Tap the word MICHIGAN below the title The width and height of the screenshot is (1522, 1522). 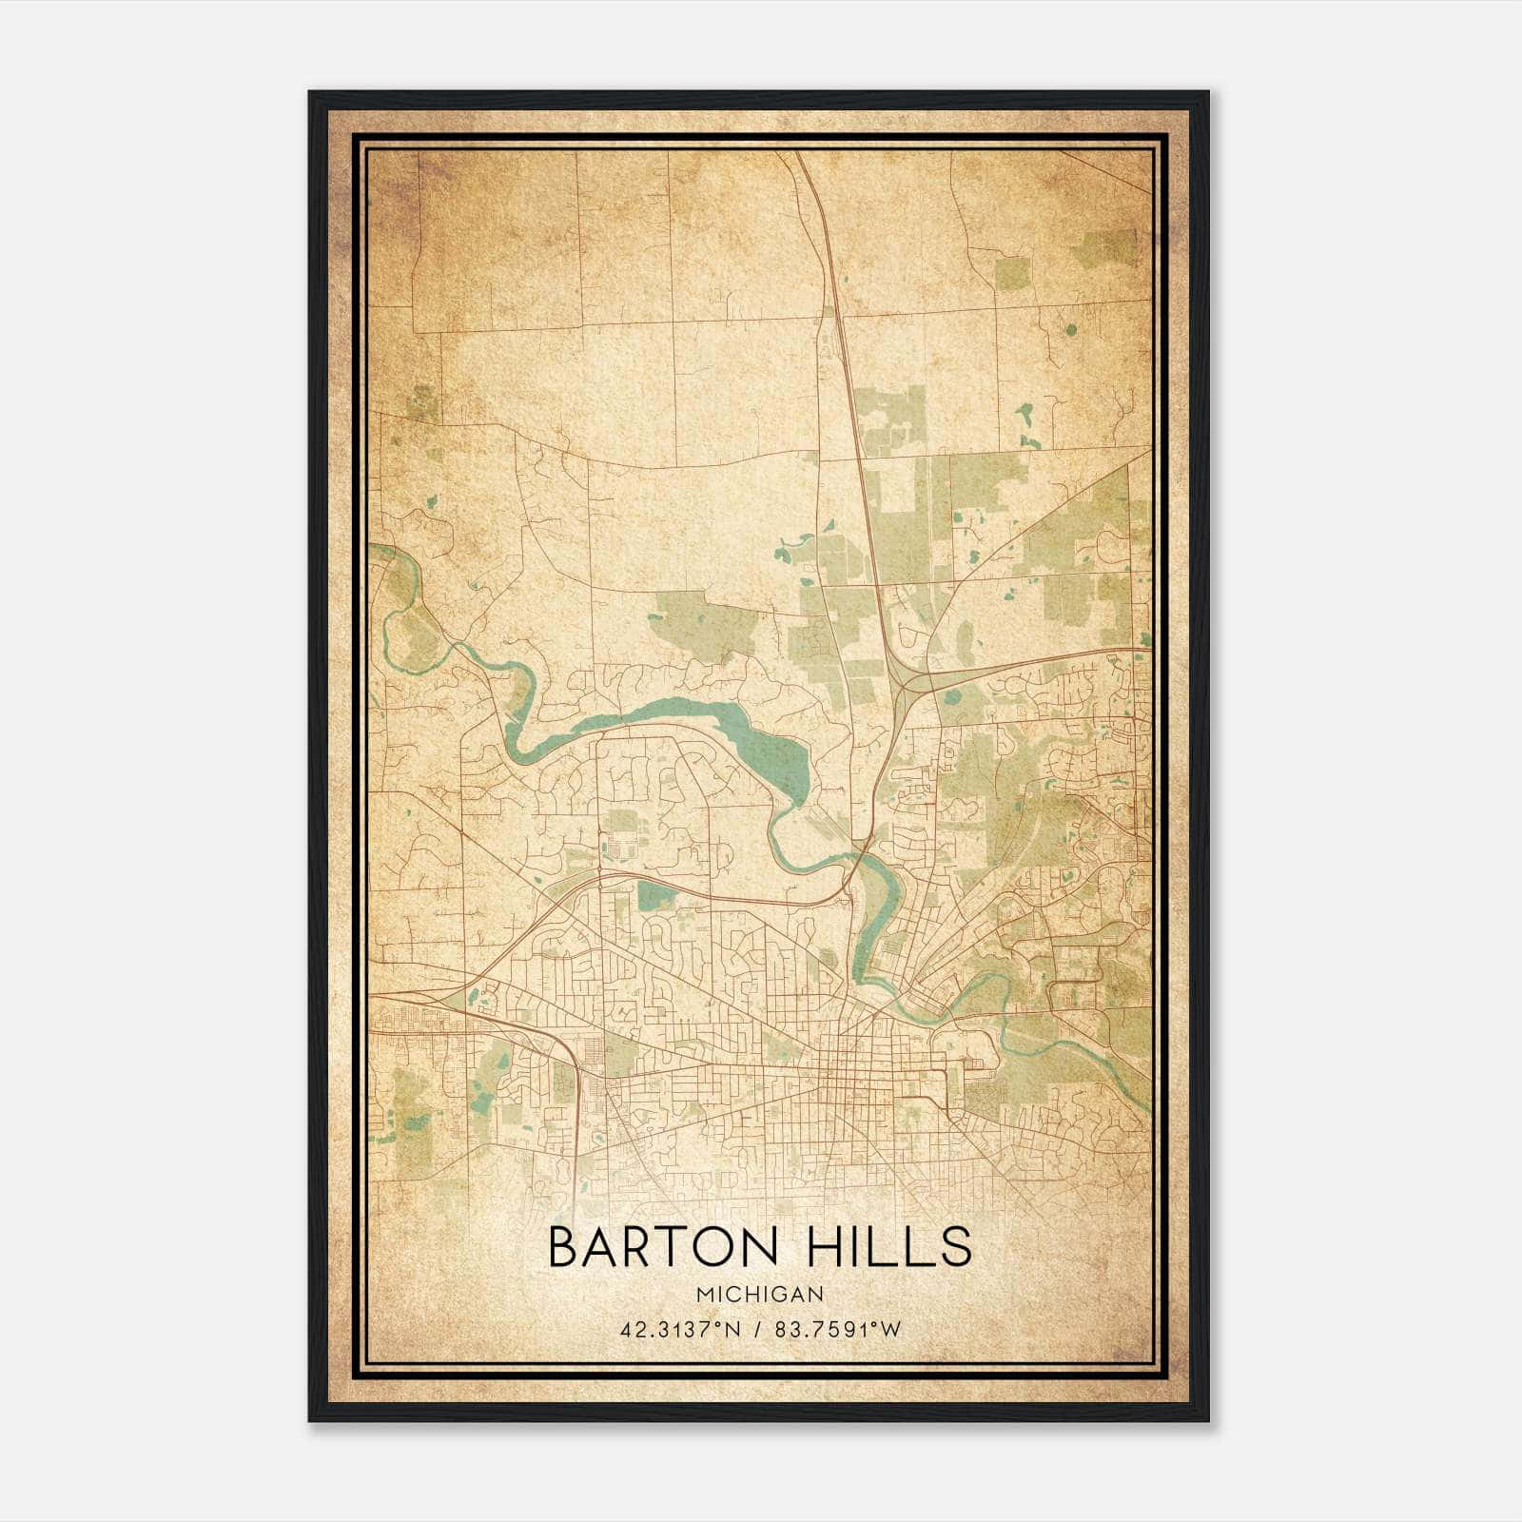coord(760,1294)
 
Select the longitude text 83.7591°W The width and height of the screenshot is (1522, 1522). coord(834,1329)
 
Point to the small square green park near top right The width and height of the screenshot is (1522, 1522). coord(1011,273)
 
